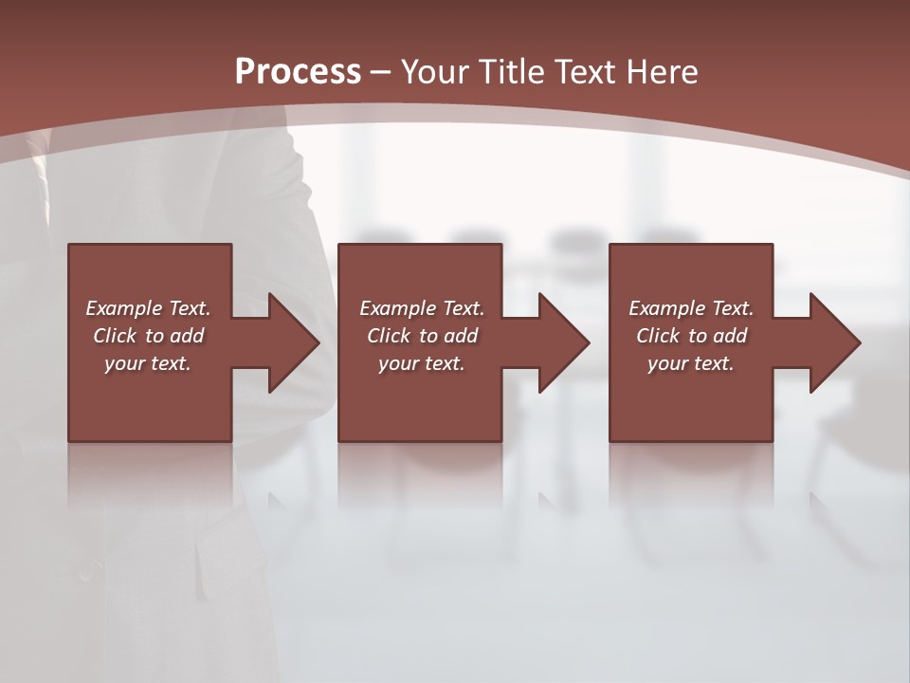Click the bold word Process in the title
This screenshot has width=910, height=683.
point(298,72)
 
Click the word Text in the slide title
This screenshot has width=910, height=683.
point(585,72)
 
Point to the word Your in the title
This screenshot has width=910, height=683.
point(436,72)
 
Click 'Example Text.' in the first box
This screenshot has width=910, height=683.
point(148,308)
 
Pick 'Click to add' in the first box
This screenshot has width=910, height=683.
point(148,336)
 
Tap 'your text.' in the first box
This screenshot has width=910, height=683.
point(148,363)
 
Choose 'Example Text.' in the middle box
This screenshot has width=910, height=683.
point(422,308)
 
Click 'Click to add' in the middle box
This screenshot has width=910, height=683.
point(422,336)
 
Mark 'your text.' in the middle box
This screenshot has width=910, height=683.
point(422,363)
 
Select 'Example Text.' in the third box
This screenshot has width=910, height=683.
point(691,308)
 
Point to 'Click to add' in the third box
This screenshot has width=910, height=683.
point(691,336)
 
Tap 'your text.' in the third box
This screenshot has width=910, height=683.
point(691,363)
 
